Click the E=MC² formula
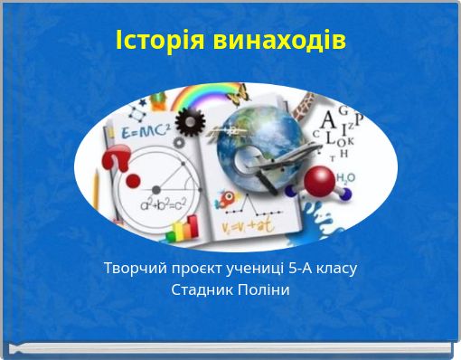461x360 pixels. tap(140, 132)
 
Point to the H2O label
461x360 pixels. tap(345, 179)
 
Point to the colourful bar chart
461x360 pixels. tap(185, 230)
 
